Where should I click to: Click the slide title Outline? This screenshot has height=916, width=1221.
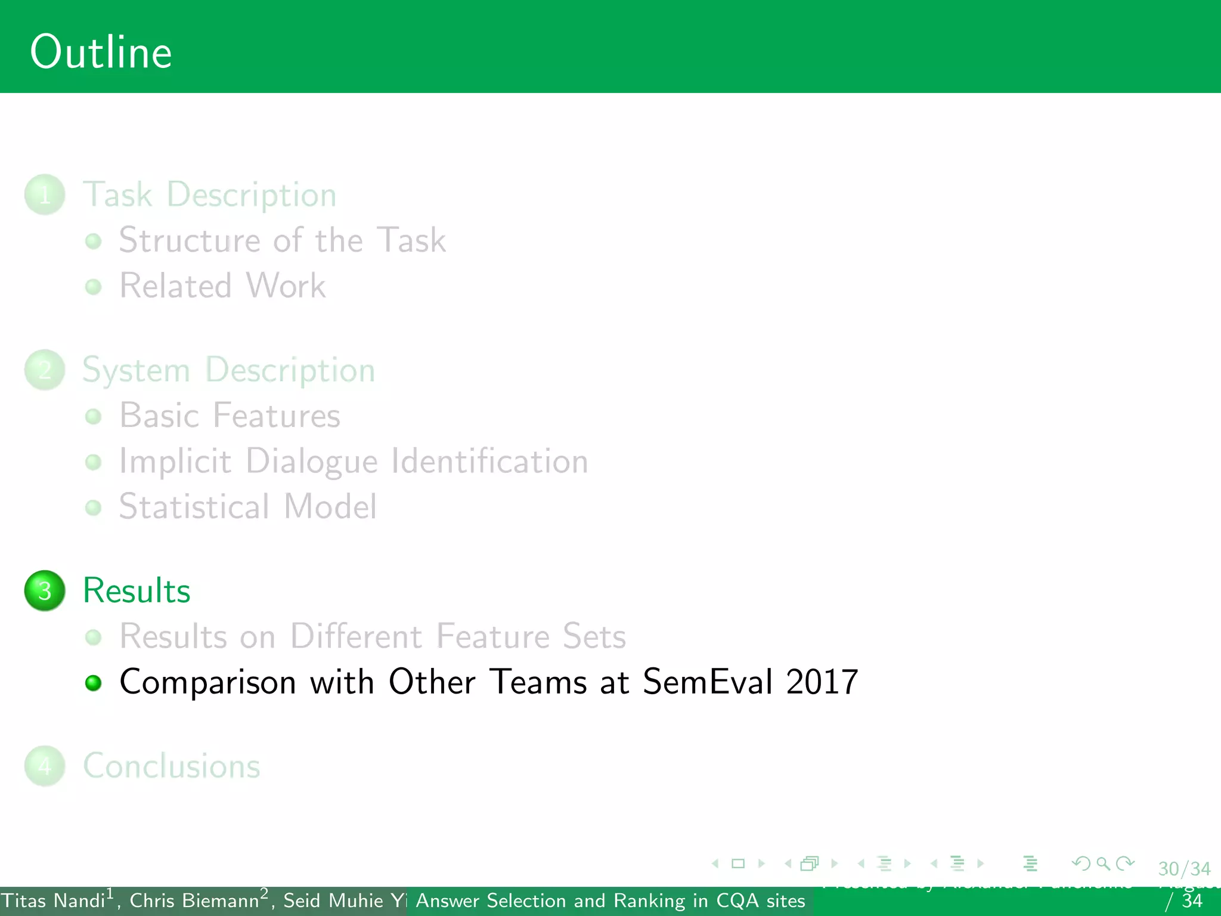101,52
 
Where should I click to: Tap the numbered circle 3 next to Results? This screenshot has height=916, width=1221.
45,590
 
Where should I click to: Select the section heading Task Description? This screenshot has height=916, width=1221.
209,194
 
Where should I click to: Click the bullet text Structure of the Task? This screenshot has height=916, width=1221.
282,240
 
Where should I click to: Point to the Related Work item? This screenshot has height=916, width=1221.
222,286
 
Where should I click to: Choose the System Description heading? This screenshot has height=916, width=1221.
228,370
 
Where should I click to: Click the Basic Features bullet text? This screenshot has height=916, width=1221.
230,416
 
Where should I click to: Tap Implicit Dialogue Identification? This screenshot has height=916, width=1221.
354,462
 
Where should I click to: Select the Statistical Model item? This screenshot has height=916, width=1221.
247,507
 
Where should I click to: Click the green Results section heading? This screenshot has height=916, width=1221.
137,590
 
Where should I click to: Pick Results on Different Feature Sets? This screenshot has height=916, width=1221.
373,636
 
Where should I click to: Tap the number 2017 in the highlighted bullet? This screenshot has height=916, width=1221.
822,682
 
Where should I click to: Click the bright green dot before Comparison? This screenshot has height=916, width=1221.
94,683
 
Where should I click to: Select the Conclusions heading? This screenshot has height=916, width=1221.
172,766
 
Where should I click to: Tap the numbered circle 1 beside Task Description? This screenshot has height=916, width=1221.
45,194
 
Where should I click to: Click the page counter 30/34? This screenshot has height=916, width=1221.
1184,869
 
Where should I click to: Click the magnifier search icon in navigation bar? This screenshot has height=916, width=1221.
1103,864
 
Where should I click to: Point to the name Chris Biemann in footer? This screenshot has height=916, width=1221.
194,900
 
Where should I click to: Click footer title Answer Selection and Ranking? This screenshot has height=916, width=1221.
610,900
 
